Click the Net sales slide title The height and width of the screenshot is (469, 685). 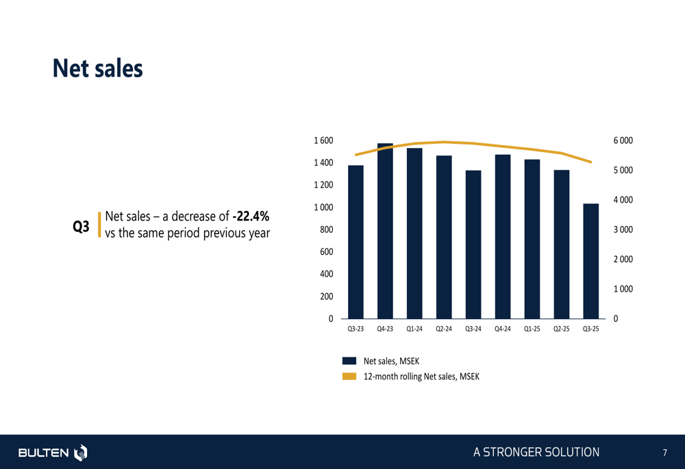pos(98,68)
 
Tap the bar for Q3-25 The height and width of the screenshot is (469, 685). pos(590,261)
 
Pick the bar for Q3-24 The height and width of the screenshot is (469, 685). pos(473,244)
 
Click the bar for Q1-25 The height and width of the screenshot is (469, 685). pos(532,239)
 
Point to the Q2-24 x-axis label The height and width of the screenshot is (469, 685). pos(444,329)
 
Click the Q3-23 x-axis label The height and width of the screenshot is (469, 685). pos(356,329)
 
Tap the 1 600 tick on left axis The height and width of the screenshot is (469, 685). pos(323,140)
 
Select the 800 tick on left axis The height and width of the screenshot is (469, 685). pos(327,229)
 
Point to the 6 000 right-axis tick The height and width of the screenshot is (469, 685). pos(623,140)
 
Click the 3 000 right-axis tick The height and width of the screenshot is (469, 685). pos(623,229)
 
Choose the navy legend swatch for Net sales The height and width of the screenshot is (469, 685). pos(349,361)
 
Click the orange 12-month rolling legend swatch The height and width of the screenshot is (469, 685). pos(349,376)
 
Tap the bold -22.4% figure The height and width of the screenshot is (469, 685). pos(251,217)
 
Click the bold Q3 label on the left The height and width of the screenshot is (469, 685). pos(81,226)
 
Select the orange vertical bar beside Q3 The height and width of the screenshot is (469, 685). pos(100,225)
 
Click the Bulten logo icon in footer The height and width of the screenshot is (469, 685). pos(81,453)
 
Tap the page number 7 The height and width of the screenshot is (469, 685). pos(664,453)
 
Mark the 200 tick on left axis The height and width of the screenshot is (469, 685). pos(327,296)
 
